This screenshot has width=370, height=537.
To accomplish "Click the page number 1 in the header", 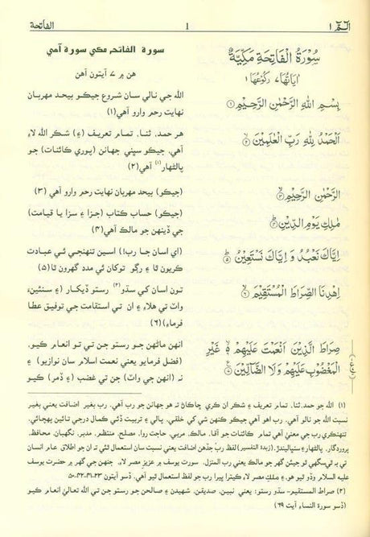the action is (186, 11).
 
